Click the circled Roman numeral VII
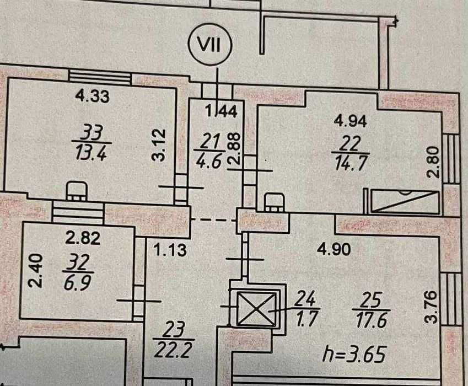pyautogui.click(x=210, y=45)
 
